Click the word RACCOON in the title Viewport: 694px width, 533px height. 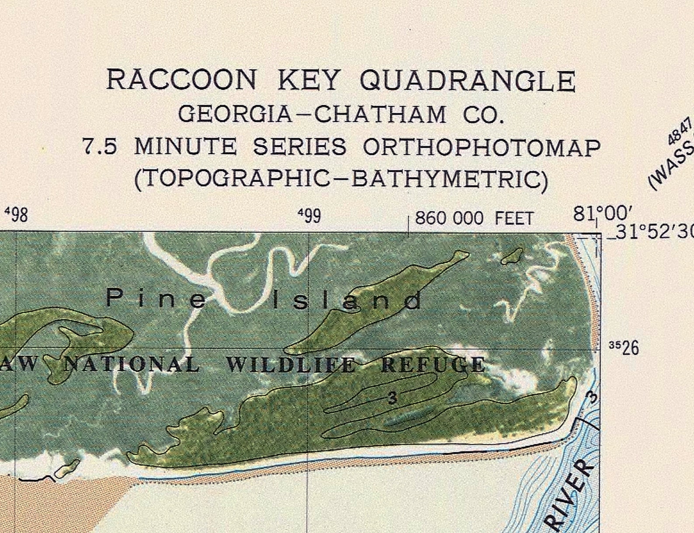point(181,80)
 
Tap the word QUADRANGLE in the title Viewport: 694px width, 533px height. point(467,81)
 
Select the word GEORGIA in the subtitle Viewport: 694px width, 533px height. point(235,114)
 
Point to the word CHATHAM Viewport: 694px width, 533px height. point(380,114)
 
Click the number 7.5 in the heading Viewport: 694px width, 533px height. point(100,147)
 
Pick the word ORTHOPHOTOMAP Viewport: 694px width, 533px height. point(482,148)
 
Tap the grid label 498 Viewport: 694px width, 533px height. point(16,215)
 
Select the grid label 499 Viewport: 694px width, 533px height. point(309,215)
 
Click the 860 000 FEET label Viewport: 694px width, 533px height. point(474,218)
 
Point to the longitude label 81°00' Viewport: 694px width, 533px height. point(603,214)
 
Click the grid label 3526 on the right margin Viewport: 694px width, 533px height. point(624,348)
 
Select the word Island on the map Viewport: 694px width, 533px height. point(347,301)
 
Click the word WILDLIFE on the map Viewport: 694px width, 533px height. point(291,365)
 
